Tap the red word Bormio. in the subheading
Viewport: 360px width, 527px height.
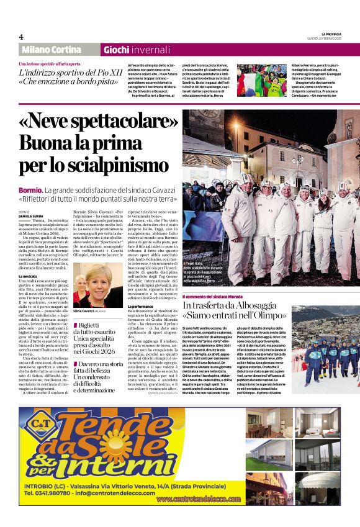pyautogui.click(x=30, y=189)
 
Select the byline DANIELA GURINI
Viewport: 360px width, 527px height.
pyautogui.click(x=31, y=215)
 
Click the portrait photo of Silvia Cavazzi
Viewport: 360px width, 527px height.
pyautogui.click(x=98, y=285)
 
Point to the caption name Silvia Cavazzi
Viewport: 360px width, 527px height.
pyautogui.click(x=89, y=310)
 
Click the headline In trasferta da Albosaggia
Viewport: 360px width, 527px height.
pyautogui.click(x=235, y=306)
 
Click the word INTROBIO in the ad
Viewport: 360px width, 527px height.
pyautogui.click(x=42, y=485)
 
